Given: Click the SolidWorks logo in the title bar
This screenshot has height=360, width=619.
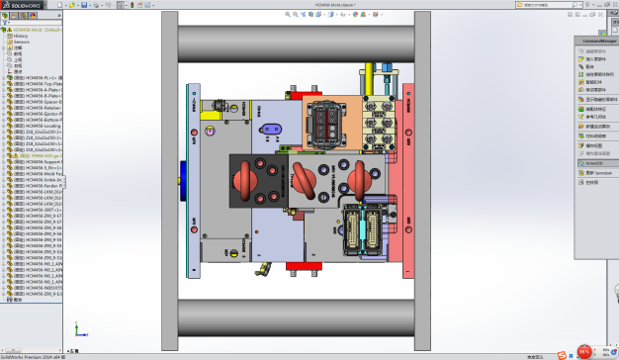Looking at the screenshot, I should coord(22,5).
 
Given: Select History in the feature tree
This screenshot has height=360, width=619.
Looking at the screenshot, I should coord(21,36).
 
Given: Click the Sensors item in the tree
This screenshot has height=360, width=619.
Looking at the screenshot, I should coord(21,42).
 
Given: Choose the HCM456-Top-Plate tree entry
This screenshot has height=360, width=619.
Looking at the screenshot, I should coord(40,86).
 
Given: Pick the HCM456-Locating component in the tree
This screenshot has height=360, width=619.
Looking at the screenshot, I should coord(40,126).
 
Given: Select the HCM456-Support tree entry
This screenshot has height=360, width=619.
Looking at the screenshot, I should coord(40,162).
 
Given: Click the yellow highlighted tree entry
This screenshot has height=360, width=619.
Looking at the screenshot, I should coord(40,155).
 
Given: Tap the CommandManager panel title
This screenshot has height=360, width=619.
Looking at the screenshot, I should coord(596,42).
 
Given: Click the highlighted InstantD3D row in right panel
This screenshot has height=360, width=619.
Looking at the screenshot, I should coord(593,164).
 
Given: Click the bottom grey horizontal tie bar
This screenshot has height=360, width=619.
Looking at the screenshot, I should coord(297,316).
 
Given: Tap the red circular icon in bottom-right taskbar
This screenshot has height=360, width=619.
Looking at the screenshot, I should coord(584,351).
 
